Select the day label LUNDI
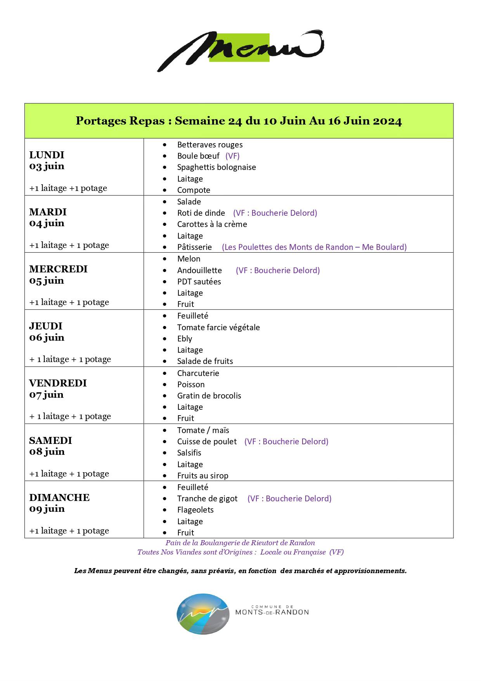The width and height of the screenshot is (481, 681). point(47,155)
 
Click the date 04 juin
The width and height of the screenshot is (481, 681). point(47,223)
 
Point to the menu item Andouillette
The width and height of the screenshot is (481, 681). point(199,270)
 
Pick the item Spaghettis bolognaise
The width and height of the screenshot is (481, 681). point(216,167)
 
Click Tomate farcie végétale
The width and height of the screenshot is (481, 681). point(218,328)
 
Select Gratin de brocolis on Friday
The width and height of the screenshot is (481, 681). point(209,396)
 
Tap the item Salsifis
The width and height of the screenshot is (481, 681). point(189,453)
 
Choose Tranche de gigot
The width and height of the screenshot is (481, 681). point(207,499)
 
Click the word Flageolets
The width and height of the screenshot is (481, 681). point(196,510)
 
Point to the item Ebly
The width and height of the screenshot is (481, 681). point(185,339)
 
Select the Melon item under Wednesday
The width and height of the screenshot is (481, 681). point(189,259)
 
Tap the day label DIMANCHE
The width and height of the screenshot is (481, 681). point(59,497)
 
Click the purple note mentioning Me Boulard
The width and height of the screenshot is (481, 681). point(314,247)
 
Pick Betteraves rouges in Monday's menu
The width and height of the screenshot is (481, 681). point(210,145)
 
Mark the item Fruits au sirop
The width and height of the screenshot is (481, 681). point(203,476)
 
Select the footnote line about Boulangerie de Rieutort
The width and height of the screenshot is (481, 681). point(240,543)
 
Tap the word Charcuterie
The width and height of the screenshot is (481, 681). point(198,373)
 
